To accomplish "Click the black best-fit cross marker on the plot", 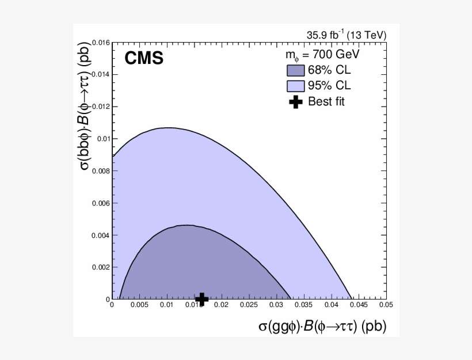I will point(202,298).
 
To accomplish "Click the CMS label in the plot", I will point(144,58).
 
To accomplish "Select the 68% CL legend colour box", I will point(295,71).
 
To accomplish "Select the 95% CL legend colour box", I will point(295,86).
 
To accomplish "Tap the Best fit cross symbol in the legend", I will point(295,103).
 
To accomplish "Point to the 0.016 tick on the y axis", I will point(100,43).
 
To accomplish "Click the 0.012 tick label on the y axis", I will point(100,107).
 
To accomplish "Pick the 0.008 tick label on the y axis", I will point(100,171).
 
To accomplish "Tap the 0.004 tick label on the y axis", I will point(100,235).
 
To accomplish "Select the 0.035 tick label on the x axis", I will point(303,305).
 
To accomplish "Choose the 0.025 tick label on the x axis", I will point(248,305).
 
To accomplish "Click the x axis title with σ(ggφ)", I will point(322,327).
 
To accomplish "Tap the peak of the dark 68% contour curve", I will point(187,225).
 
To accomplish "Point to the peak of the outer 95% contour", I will point(168,128).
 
